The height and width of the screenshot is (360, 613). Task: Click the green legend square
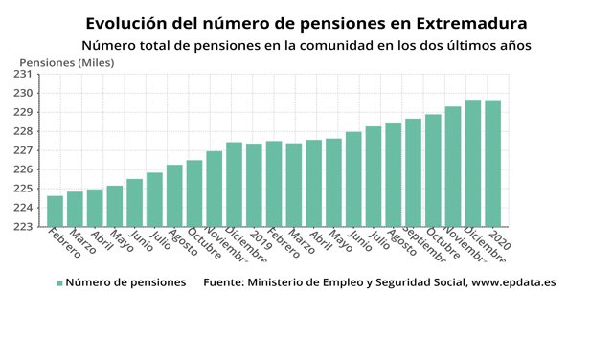[x=59, y=283]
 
